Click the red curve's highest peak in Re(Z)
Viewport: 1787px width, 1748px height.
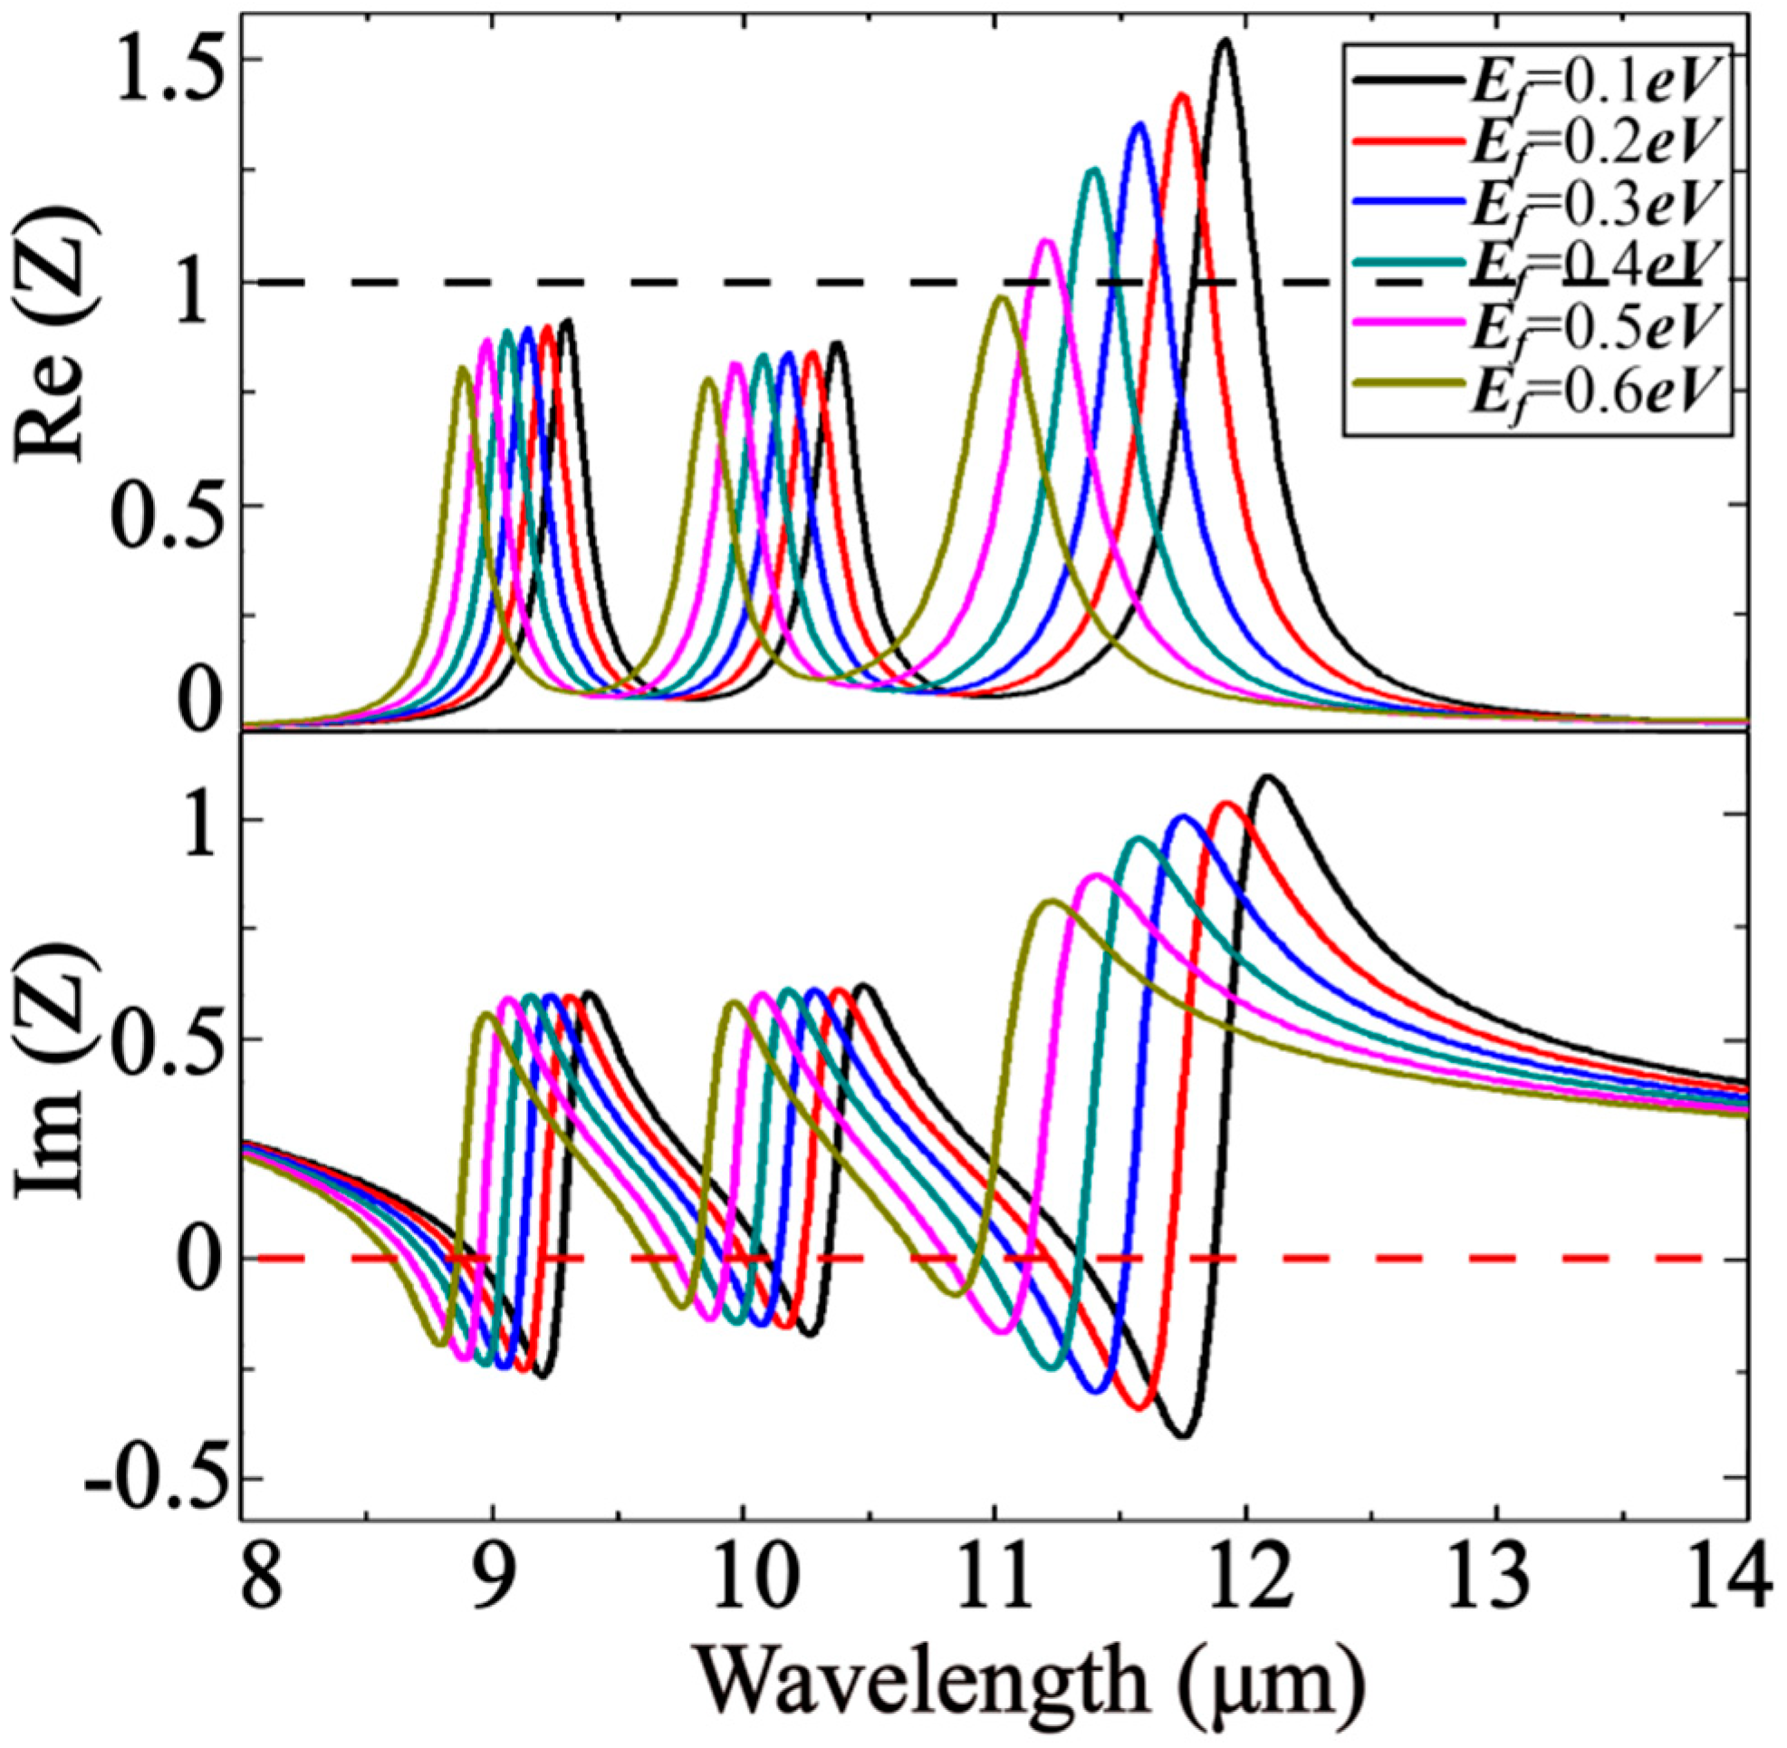tap(1181, 95)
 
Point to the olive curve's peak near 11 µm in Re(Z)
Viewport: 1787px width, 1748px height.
tap(1003, 297)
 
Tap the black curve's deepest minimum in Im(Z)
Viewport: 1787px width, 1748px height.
tap(1184, 1435)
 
